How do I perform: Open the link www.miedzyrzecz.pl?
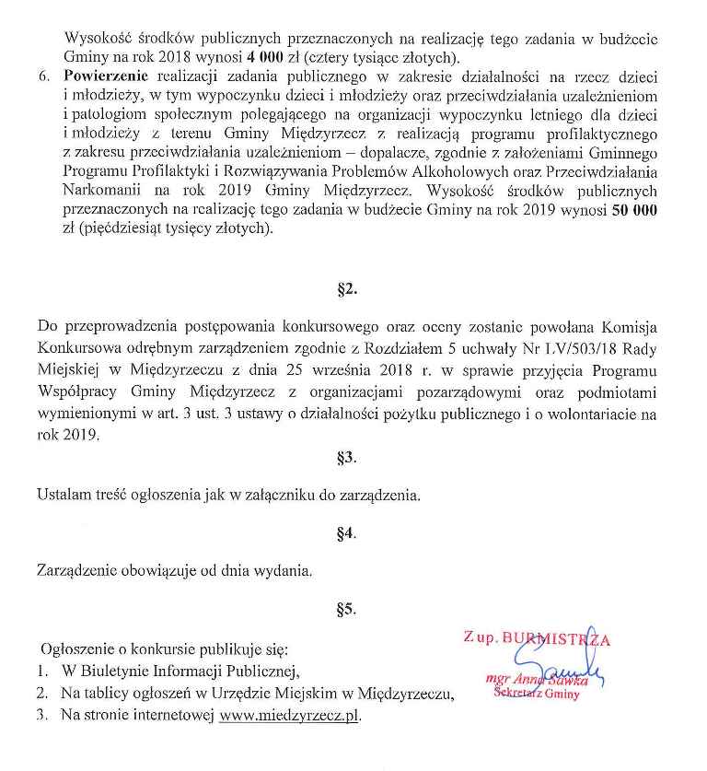click(x=290, y=715)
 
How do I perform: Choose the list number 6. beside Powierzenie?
click(x=45, y=77)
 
